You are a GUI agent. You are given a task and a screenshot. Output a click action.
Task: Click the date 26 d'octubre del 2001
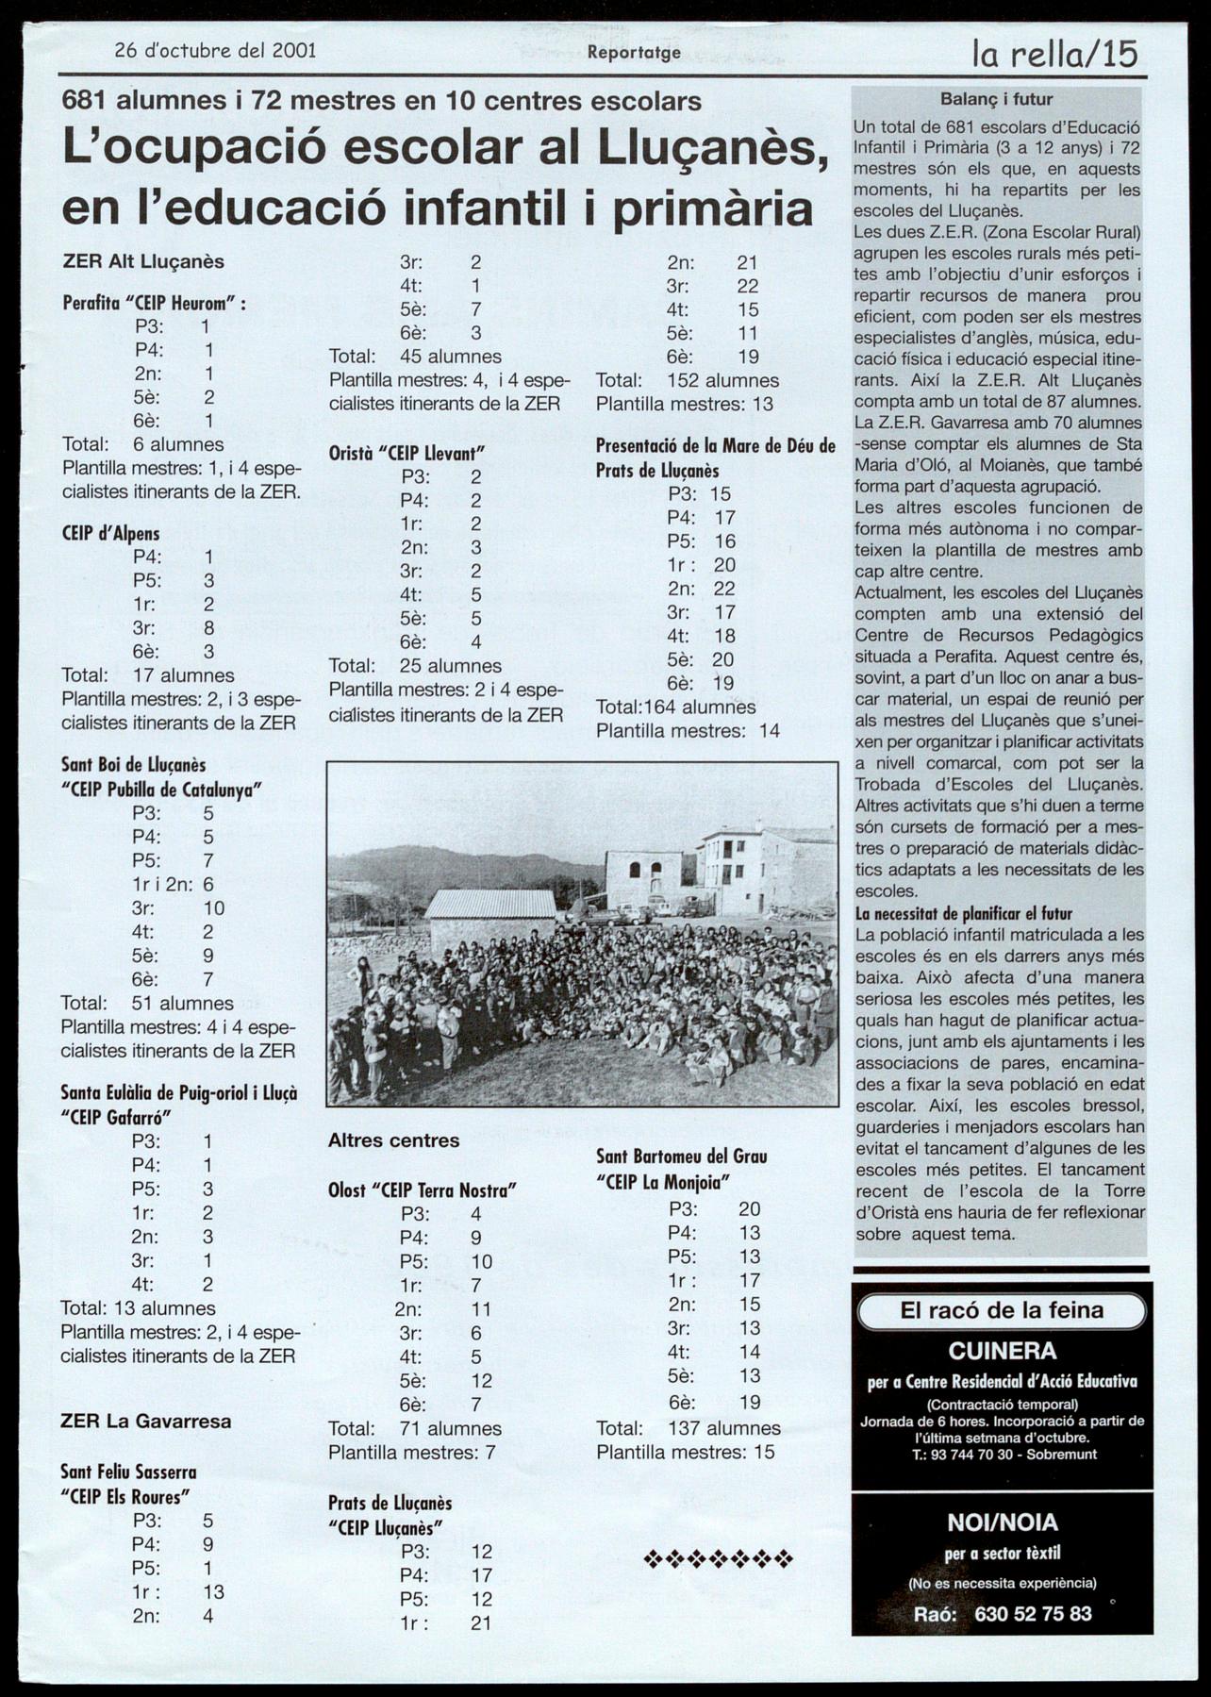[x=215, y=51]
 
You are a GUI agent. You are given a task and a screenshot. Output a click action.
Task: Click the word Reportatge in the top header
[x=634, y=53]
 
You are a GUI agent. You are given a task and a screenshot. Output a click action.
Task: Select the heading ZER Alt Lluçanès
[x=142, y=261]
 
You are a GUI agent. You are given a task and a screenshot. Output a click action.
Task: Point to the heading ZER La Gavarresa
[x=145, y=1421]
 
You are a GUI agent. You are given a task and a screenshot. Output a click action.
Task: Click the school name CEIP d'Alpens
[x=111, y=533]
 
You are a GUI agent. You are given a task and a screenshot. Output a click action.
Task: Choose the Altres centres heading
[x=393, y=1140]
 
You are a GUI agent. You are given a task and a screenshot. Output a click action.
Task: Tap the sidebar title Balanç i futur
[x=996, y=99]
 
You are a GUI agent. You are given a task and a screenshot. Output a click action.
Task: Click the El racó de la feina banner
[x=1002, y=1309]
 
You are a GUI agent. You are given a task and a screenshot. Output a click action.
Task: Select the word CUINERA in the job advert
[x=1002, y=1351]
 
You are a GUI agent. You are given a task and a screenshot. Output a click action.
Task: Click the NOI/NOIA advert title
[x=1002, y=1522]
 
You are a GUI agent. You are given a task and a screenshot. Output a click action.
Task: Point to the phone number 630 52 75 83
[x=1033, y=1613]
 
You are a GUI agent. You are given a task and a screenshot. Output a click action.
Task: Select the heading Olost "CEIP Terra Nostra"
[x=423, y=1190]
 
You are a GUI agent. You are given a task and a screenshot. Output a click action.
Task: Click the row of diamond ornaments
[x=718, y=1558]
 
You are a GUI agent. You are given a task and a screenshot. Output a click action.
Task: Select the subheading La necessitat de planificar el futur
[x=964, y=913]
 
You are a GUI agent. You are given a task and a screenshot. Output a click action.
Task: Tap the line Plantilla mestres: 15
[x=686, y=1452]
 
